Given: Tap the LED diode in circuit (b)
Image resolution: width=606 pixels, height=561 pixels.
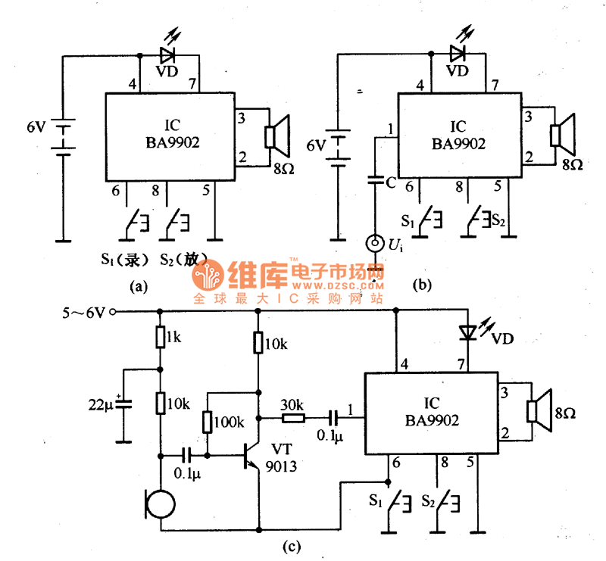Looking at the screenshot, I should [456, 53].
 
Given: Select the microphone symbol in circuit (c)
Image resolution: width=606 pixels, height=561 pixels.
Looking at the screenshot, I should [161, 503].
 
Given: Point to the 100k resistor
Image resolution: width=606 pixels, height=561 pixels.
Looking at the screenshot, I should [208, 422].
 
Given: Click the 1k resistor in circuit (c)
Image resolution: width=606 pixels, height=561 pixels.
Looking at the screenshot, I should [160, 336].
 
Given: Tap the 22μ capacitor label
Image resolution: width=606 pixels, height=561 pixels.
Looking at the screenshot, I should [100, 405].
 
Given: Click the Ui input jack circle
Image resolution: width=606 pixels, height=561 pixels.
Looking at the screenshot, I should [374, 243].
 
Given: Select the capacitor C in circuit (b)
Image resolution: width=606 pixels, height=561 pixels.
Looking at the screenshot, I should [374, 180].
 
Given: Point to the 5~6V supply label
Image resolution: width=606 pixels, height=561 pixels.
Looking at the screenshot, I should [83, 310].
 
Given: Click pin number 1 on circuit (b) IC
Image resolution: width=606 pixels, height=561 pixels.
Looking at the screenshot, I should [389, 129].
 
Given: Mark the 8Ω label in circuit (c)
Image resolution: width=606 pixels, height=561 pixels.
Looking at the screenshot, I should [565, 413].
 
